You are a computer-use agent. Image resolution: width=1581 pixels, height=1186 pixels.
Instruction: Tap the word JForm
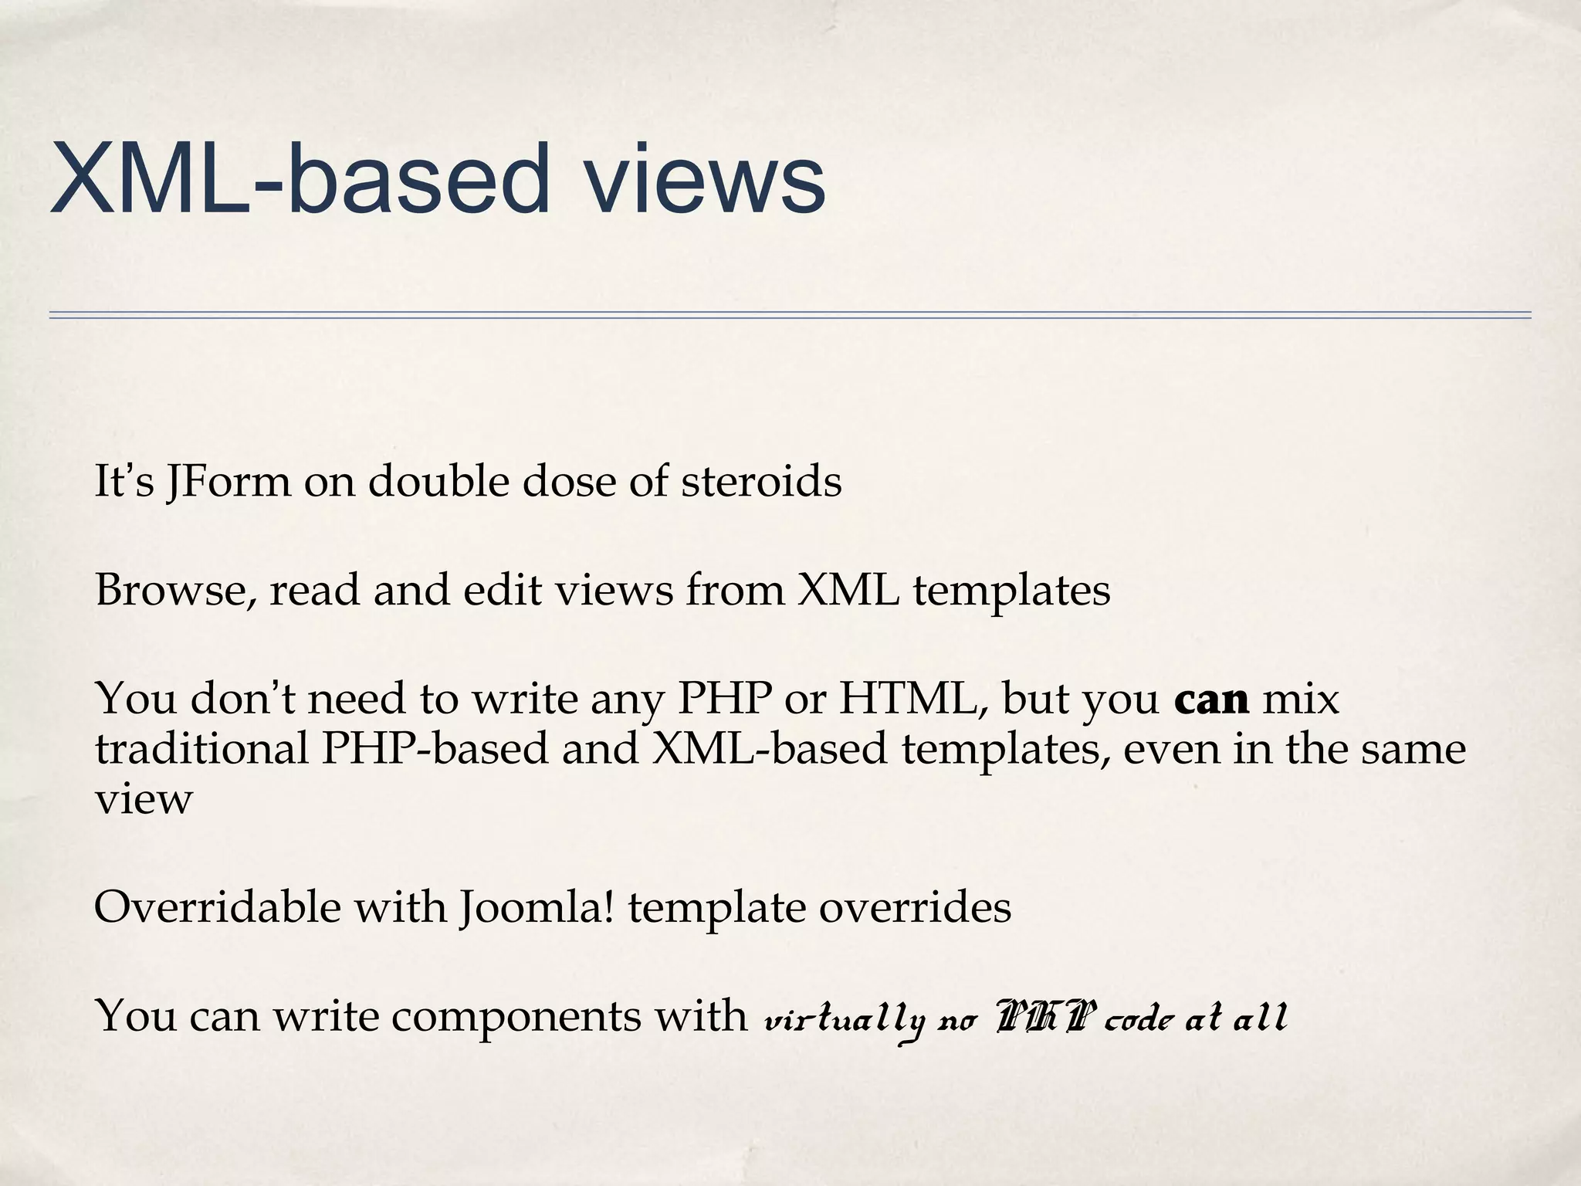tap(229, 482)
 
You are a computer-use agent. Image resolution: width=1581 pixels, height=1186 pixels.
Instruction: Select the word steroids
tap(761, 482)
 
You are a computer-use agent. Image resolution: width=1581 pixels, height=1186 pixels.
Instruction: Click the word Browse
tap(174, 591)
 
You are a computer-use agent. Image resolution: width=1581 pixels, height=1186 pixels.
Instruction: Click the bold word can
tap(1211, 700)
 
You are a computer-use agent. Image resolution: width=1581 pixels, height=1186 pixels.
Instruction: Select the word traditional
tap(201, 749)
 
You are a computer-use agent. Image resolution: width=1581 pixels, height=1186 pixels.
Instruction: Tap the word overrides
tap(915, 908)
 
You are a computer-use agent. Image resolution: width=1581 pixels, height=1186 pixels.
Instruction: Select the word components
tap(515, 1016)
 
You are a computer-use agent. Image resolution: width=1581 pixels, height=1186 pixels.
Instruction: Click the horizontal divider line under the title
tap(790, 315)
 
